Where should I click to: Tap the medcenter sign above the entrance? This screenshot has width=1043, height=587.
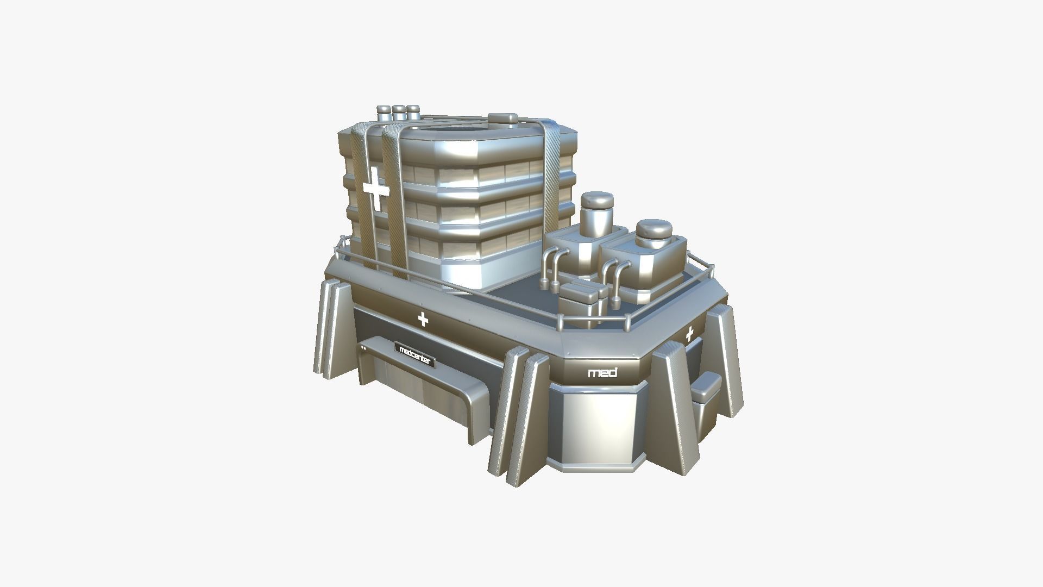pos(414,354)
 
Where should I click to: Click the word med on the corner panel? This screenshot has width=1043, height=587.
pos(602,373)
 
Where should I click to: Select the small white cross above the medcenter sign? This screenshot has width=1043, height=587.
pos(423,320)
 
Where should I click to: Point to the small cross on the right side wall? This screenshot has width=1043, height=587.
pos(689,334)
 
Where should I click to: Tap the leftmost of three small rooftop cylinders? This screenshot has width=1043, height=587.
pos(384,113)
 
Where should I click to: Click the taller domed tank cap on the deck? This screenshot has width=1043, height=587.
pos(596,201)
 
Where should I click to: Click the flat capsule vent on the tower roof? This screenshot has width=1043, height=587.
pos(503,119)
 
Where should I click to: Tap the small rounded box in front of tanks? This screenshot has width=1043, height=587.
pos(580,296)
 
